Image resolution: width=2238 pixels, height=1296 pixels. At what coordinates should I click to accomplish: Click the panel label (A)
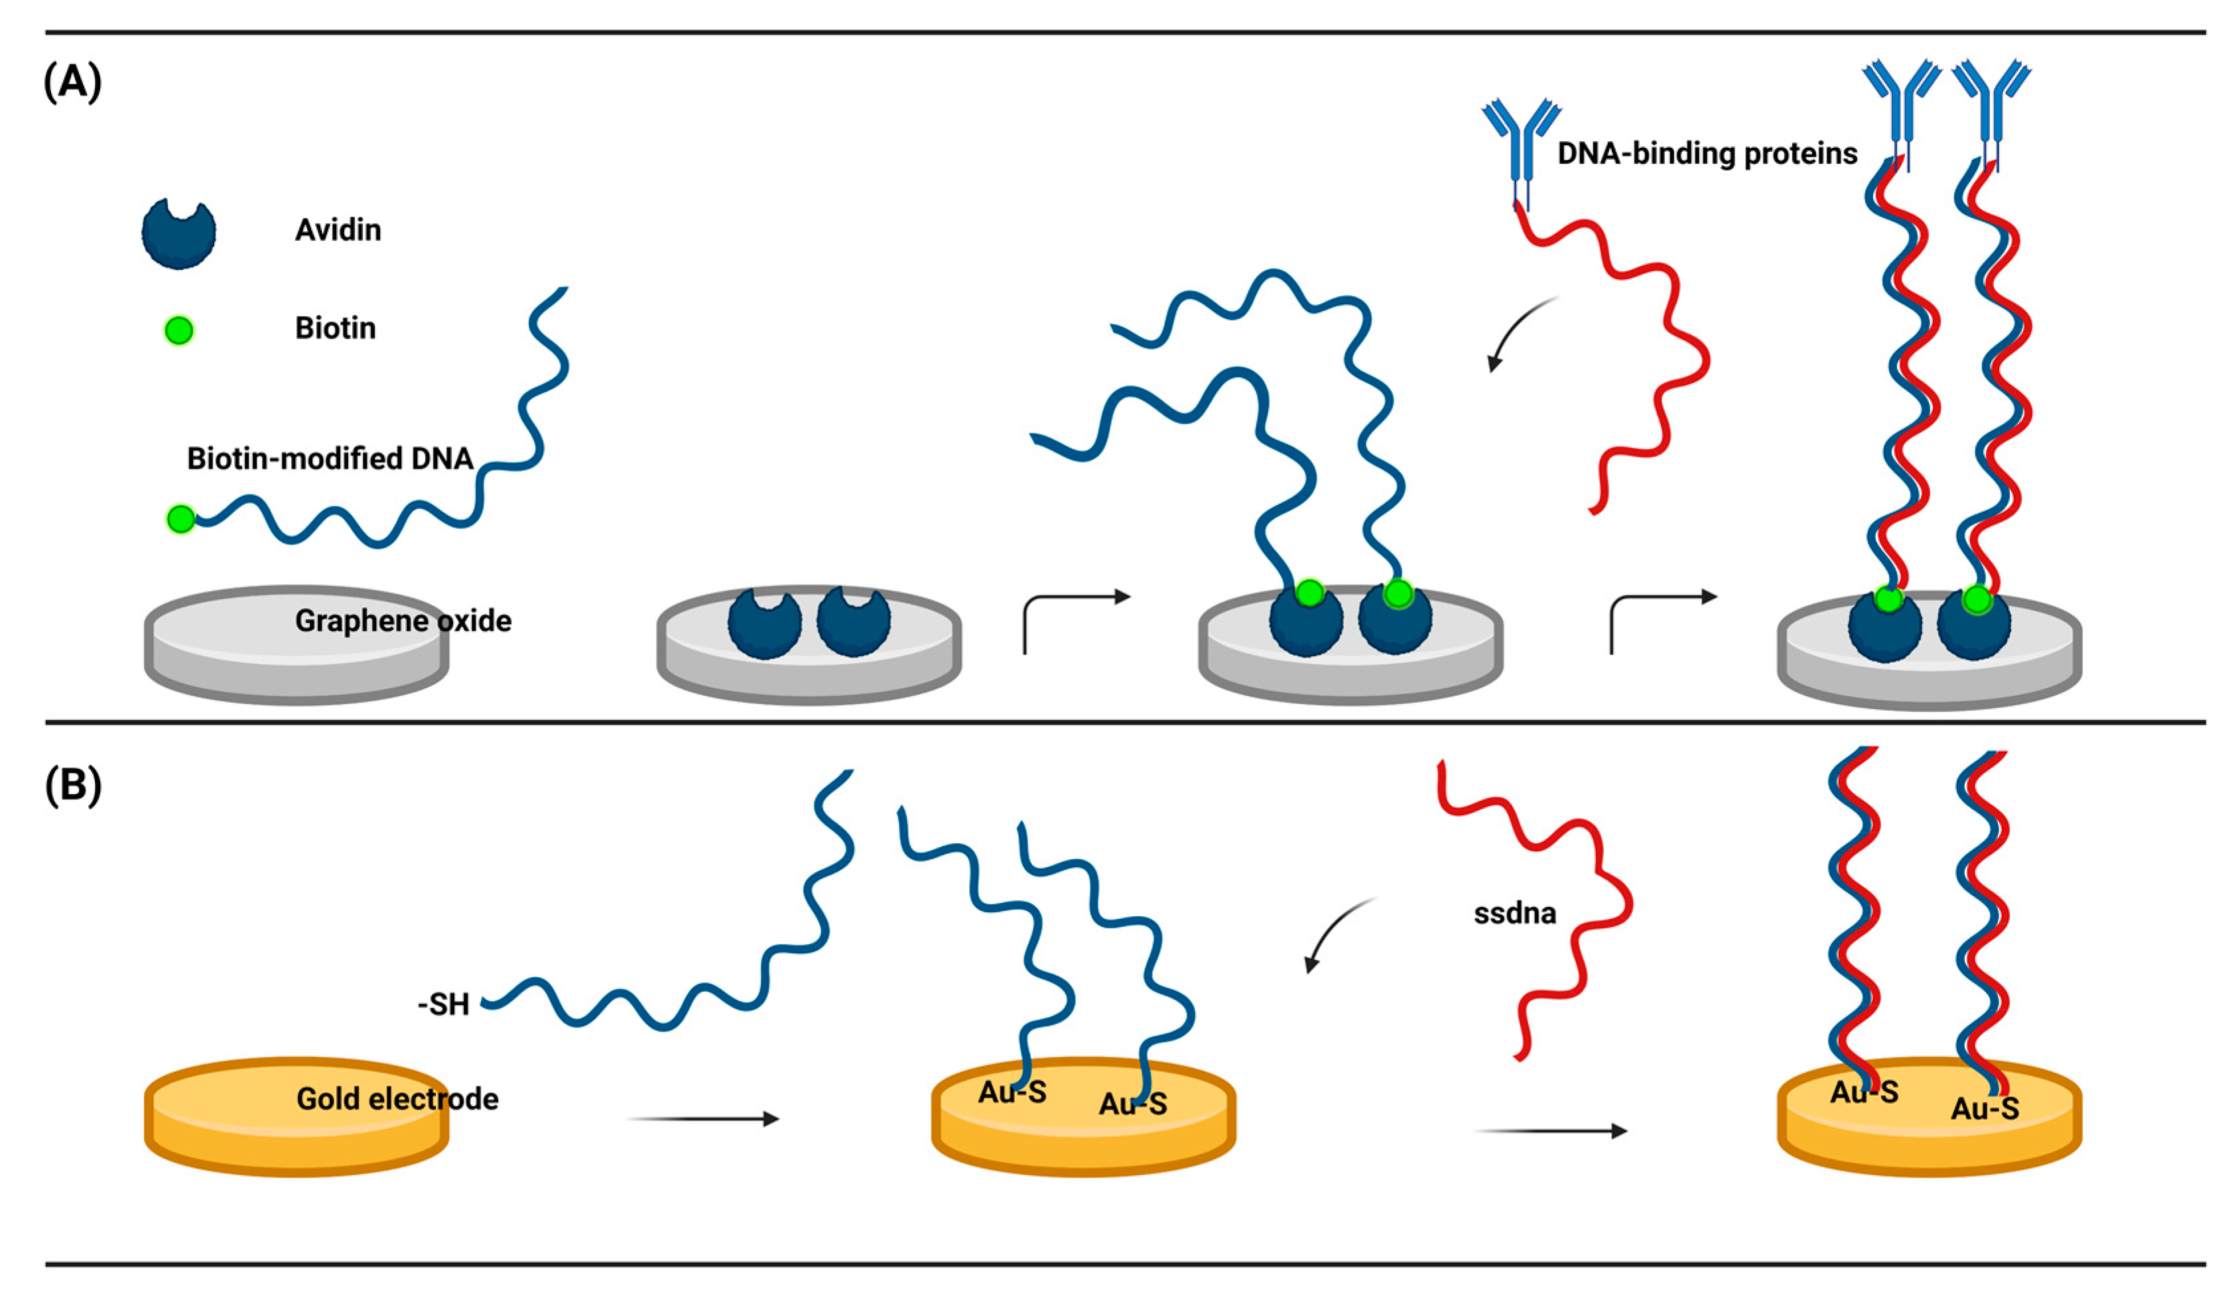(73, 83)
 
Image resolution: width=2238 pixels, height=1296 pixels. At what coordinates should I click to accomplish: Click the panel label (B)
(73, 785)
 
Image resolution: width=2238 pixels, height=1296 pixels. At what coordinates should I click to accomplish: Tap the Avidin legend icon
(178, 233)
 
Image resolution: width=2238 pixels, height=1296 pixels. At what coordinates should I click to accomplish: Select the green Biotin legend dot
(178, 330)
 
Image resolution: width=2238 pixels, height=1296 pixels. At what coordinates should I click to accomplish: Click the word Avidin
(338, 230)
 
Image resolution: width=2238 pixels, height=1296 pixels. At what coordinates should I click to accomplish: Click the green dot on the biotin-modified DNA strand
(181, 518)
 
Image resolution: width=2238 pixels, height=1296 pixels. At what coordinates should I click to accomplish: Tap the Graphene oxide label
(403, 620)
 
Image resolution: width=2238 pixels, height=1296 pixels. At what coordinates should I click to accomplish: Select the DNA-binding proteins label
(1707, 154)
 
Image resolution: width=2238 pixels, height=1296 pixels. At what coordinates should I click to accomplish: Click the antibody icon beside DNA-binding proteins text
(1520, 147)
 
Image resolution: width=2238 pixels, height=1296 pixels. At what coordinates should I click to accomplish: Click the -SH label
(443, 1004)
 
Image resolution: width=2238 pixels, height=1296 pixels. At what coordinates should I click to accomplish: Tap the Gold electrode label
(397, 1099)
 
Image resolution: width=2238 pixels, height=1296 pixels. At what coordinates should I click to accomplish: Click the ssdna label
(1514, 913)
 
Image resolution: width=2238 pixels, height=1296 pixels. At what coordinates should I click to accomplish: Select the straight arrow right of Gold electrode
(702, 1118)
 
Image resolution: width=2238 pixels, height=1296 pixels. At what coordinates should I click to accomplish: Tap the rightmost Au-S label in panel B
(1985, 1108)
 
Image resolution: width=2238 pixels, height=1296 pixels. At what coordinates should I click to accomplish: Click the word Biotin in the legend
(335, 328)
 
